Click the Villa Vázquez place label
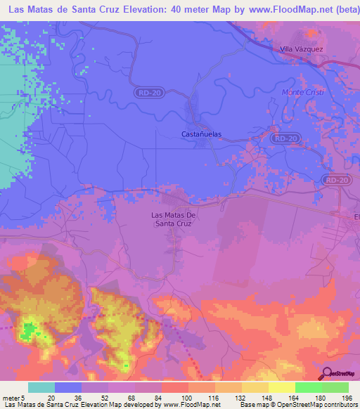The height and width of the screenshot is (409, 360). (301, 49)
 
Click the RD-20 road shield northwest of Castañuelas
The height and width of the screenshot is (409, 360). (146, 92)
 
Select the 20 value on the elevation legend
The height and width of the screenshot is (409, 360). (52, 397)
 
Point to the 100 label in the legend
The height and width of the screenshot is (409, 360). (187, 397)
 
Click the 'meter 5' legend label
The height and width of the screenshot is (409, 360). (15, 397)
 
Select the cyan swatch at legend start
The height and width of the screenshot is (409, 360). (41, 387)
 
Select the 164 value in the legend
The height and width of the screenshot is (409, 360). (294, 397)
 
